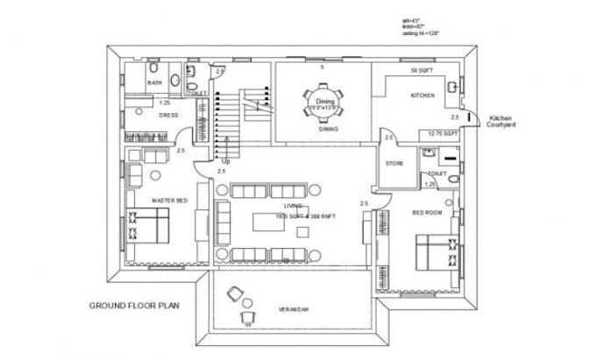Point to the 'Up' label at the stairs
(x=227, y=162)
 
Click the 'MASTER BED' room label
(x=169, y=201)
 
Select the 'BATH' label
(x=154, y=83)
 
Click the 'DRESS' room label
(x=169, y=115)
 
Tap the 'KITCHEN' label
(x=423, y=95)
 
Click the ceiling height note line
(x=421, y=32)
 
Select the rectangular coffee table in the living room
(x=270, y=222)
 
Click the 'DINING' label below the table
(x=330, y=129)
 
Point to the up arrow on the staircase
(x=227, y=145)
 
